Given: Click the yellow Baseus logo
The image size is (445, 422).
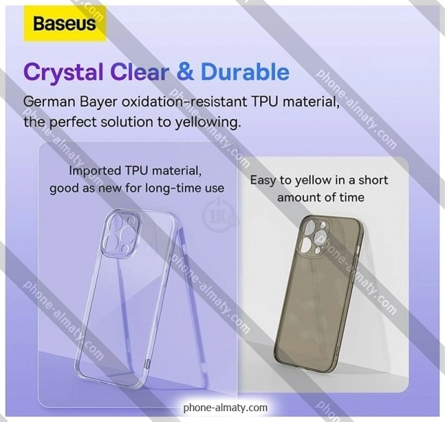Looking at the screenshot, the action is pyautogui.click(x=64, y=24).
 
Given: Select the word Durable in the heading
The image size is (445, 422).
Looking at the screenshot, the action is pyautogui.click(x=245, y=72).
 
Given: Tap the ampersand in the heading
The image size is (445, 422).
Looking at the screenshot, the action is pyautogui.click(x=185, y=72).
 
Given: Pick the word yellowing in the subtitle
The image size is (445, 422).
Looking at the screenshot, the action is pyautogui.click(x=207, y=123).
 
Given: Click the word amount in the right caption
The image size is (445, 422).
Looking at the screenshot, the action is pyautogui.click(x=299, y=197).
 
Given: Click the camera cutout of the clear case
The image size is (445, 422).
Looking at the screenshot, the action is pyautogui.click(x=121, y=232).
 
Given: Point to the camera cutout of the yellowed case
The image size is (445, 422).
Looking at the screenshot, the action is pyautogui.click(x=314, y=238).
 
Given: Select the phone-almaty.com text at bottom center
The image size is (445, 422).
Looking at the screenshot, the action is pyautogui.click(x=225, y=408).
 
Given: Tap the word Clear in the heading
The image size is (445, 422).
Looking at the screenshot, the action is pyautogui.click(x=140, y=72).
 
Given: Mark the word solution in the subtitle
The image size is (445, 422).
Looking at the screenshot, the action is pyautogui.click(x=127, y=122).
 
